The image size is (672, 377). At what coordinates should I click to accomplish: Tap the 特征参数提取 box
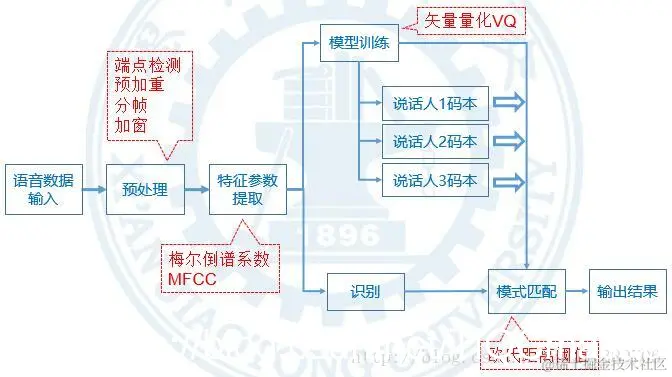248,189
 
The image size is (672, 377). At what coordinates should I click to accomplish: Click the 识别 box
364,292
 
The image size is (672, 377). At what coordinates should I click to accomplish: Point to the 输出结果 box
627,292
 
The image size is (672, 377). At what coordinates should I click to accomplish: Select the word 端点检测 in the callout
142,63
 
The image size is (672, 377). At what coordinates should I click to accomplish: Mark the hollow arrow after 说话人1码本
508,103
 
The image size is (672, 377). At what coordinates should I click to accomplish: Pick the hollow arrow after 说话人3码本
508,181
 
